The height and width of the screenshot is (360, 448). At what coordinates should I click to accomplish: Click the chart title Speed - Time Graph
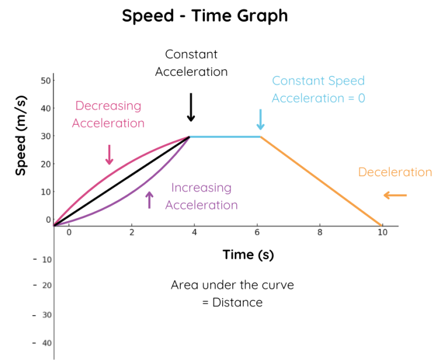pyautogui.click(x=205, y=16)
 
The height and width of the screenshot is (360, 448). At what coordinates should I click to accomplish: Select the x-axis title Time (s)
pyautogui.click(x=248, y=255)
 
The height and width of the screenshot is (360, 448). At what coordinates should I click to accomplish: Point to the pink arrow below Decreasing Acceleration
pyautogui.click(x=108, y=155)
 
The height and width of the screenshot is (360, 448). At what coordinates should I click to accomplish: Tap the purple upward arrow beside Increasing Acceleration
pyautogui.click(x=149, y=200)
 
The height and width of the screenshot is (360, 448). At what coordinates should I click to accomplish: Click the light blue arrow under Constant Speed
pyautogui.click(x=261, y=119)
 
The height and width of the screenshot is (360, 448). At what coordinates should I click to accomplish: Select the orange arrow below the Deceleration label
pyautogui.click(x=395, y=195)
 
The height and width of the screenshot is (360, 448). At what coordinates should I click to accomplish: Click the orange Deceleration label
pyautogui.click(x=395, y=172)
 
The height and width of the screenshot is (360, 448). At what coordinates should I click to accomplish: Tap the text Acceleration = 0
pyautogui.click(x=318, y=98)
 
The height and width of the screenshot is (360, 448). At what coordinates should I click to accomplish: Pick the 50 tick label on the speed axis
pyautogui.click(x=45, y=80)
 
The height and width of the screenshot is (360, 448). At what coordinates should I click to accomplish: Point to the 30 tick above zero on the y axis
pyautogui.click(x=45, y=136)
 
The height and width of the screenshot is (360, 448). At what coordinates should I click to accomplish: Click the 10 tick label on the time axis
pyautogui.click(x=381, y=232)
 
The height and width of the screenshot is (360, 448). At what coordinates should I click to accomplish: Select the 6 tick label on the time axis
pyautogui.click(x=257, y=232)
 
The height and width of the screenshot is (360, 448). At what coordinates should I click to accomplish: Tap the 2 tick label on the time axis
pyautogui.click(x=131, y=232)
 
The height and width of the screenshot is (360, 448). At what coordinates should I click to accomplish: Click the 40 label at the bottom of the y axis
pyautogui.click(x=47, y=343)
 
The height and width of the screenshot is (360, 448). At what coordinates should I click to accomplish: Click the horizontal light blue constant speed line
pyautogui.click(x=225, y=137)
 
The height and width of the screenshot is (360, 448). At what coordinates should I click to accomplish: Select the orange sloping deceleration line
pyautogui.click(x=321, y=181)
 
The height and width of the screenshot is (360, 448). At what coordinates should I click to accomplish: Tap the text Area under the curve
pyautogui.click(x=232, y=285)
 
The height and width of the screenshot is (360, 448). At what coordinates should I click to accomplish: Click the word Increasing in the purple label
pyautogui.click(x=201, y=188)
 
